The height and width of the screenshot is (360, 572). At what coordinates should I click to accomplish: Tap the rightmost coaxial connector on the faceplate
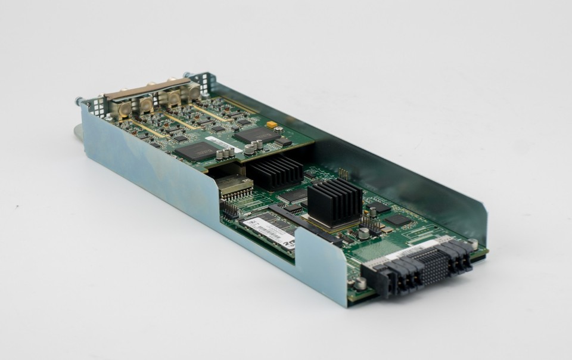(x=194, y=91)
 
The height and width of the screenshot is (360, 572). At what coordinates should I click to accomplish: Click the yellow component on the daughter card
(x=272, y=125)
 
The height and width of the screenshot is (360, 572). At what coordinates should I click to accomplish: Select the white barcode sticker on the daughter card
(x=215, y=141)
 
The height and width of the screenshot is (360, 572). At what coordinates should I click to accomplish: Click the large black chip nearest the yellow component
(x=256, y=135)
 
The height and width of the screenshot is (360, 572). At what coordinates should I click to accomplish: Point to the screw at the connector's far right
(x=473, y=244)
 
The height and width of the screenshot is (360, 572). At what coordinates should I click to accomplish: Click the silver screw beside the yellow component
(x=279, y=129)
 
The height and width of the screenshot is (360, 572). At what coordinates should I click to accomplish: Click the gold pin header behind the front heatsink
(x=343, y=173)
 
